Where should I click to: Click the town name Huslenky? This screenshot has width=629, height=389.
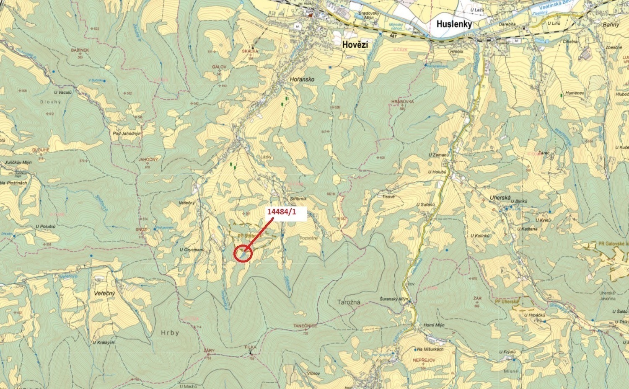click(454, 24)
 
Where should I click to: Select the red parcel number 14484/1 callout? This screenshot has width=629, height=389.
click(282, 212)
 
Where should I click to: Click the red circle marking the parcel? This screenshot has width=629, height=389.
click(243, 253)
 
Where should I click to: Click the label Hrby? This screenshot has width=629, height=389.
click(170, 333)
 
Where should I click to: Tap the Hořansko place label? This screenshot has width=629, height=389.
click(302, 79)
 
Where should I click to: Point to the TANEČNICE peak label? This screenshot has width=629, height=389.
click(305, 325)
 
